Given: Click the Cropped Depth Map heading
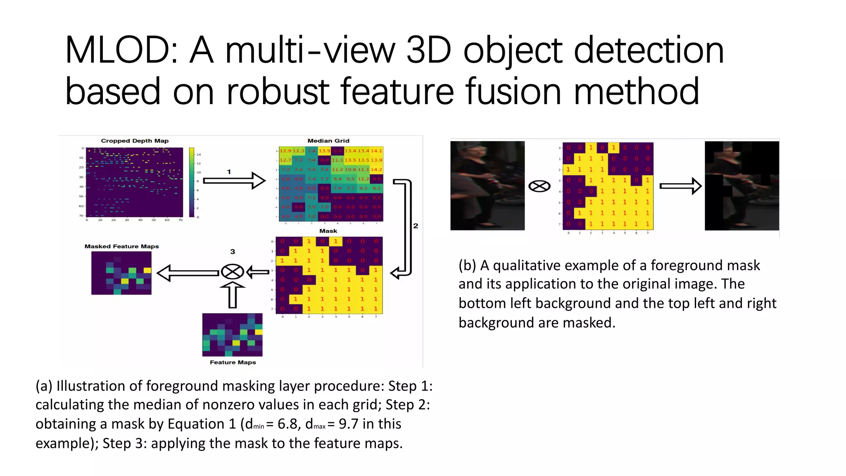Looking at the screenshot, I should pyautogui.click(x=135, y=141).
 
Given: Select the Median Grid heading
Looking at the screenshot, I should pyautogui.click(x=328, y=141).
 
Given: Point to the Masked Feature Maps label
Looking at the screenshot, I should pyautogui.click(x=121, y=246).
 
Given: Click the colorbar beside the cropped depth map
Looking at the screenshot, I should pyautogui.click(x=192, y=182).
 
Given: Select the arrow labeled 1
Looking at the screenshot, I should pyautogui.click(x=234, y=181).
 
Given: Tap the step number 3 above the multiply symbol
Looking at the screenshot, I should pyautogui.click(x=233, y=252).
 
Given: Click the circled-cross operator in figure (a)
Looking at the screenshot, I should pyautogui.click(x=232, y=272).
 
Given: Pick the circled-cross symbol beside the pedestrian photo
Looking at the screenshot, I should pyautogui.click(x=539, y=186).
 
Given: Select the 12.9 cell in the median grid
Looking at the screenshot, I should pyautogui.click(x=285, y=151).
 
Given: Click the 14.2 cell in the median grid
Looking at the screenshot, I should pyautogui.click(x=376, y=169).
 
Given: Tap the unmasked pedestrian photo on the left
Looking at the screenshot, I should pyautogui.click(x=487, y=186).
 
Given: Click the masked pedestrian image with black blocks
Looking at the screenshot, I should pyautogui.click(x=741, y=186).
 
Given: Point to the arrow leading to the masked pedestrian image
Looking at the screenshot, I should pyautogui.click(x=680, y=186).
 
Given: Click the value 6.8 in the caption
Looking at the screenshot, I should pyautogui.click(x=289, y=424).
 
